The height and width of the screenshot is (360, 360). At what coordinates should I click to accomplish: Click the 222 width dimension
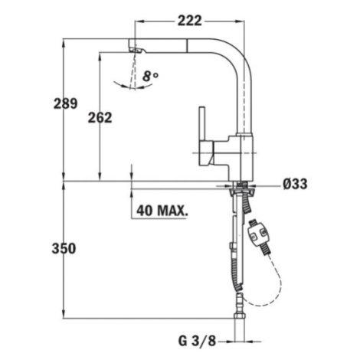click(x=189, y=21)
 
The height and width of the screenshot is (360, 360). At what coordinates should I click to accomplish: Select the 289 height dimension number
click(x=65, y=103)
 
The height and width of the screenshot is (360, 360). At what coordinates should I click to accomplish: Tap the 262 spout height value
click(x=100, y=118)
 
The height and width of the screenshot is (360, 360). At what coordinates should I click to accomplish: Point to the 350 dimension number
click(x=64, y=248)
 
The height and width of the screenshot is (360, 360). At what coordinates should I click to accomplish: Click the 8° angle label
click(x=150, y=76)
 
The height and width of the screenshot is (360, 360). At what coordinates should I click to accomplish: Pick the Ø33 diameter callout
click(x=295, y=184)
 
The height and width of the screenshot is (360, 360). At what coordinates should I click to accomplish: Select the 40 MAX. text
click(x=162, y=211)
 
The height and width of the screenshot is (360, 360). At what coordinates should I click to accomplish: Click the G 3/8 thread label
click(x=197, y=341)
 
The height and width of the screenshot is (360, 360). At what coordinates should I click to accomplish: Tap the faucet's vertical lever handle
click(x=202, y=123)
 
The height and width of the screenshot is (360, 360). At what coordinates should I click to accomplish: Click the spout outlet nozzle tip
click(x=136, y=50)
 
